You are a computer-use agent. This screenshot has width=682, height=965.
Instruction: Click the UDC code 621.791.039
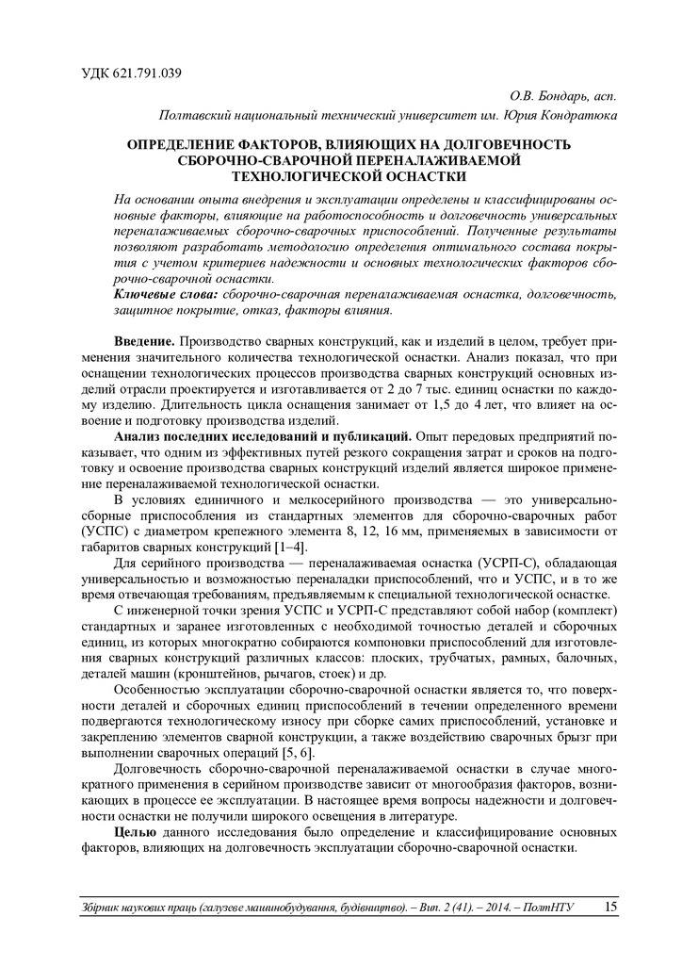pos(141,74)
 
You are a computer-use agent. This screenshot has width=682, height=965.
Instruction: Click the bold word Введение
pos(143,339)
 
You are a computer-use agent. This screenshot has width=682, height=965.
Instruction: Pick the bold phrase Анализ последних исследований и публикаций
pos(262,437)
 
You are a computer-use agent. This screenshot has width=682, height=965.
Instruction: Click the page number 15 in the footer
pos(610,907)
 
